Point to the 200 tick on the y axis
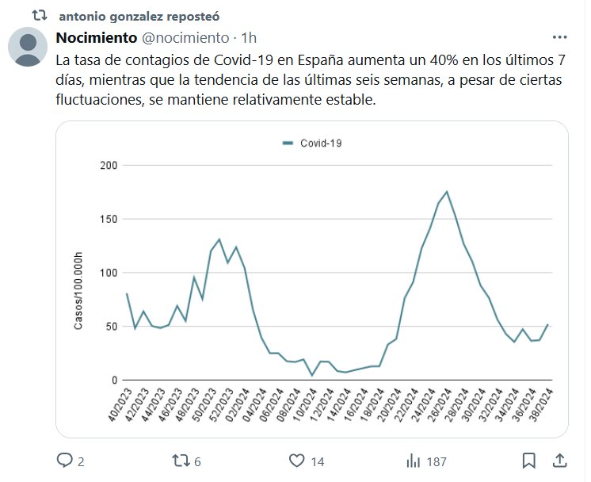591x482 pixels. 109,165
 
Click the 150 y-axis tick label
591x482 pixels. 109,219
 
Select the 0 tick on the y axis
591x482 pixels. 114,381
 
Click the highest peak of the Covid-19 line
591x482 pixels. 447,192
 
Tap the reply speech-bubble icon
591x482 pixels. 65,460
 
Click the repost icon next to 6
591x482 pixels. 181,460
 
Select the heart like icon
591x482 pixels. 297,460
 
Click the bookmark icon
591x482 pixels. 529,460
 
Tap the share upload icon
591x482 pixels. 559,460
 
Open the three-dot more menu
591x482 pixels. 559,37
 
